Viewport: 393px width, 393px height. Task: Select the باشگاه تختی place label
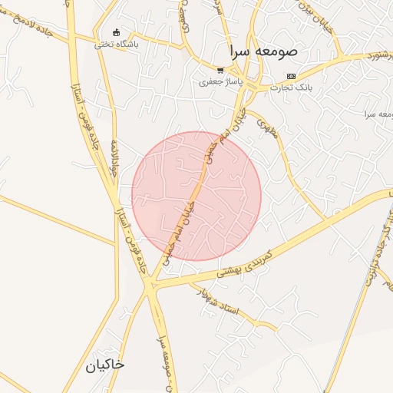point(116,45)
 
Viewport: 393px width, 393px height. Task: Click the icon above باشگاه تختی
point(116,32)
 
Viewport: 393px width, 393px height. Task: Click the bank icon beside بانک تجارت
point(290,76)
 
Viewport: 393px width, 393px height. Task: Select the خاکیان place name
point(106,365)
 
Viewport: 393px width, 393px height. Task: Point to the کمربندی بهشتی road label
point(244,261)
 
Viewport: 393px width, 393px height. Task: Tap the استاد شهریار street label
point(219,302)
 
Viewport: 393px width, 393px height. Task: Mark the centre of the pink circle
point(196,196)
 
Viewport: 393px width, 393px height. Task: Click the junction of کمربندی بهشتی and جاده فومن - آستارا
point(152,286)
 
